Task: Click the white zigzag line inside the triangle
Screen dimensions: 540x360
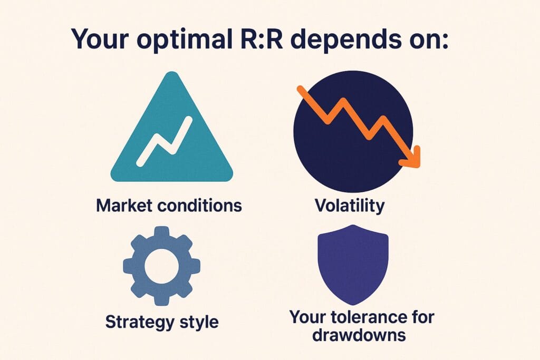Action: pyautogui.click(x=164, y=141)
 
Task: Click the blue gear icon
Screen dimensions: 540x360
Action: pyautogui.click(x=161, y=266)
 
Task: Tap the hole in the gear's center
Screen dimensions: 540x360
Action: pyautogui.click(x=161, y=266)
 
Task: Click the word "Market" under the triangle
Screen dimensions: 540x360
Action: pyautogui.click(x=124, y=206)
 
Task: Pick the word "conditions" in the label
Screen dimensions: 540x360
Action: pyautogui.click(x=200, y=206)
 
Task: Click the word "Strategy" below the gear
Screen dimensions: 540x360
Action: pyautogui.click(x=140, y=323)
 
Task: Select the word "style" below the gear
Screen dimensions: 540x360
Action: pyautogui.click(x=199, y=323)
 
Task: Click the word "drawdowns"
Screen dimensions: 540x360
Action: pyautogui.click(x=359, y=334)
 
